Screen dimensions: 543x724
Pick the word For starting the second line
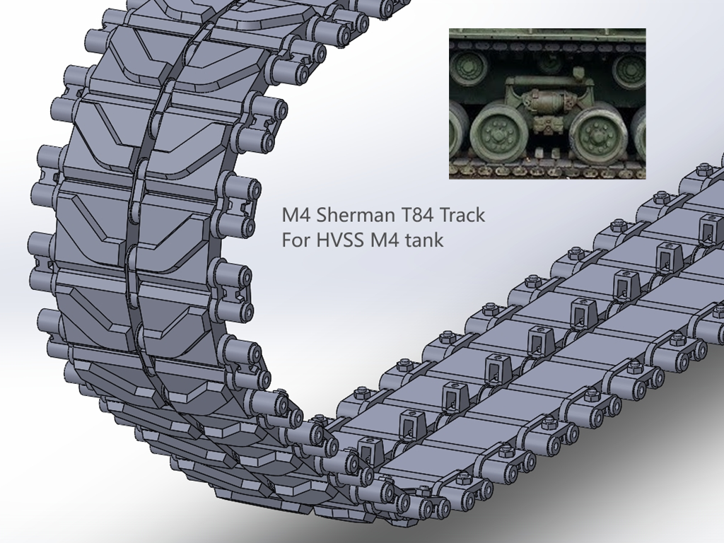coord(295,240)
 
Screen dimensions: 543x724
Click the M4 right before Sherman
coord(293,215)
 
